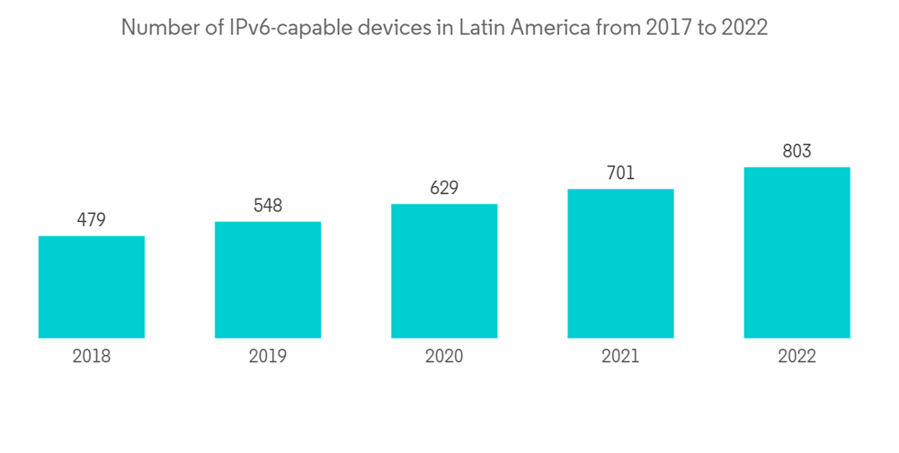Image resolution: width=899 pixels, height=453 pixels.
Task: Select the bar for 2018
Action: tap(92, 287)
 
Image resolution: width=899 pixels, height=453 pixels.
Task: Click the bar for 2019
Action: tap(268, 280)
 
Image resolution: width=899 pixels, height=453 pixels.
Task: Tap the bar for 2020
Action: tap(444, 271)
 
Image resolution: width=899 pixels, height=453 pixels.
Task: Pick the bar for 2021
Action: tap(620, 263)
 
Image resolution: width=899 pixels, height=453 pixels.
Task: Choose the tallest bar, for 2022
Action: tap(797, 253)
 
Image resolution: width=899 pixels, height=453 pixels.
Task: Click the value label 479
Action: tap(92, 219)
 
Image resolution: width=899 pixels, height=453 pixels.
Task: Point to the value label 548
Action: tap(268, 205)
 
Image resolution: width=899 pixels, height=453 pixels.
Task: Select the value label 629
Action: tap(444, 188)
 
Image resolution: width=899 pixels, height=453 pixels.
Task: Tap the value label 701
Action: tap(620, 173)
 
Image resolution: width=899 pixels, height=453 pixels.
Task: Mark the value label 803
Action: tap(797, 151)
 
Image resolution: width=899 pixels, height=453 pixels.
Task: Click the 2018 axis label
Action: tap(92, 357)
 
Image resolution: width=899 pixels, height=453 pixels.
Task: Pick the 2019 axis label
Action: tap(268, 357)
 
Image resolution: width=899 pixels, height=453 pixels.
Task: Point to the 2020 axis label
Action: tap(444, 357)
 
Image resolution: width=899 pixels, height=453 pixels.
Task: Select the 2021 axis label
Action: tap(620, 357)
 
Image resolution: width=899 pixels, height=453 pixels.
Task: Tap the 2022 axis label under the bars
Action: tap(797, 357)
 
